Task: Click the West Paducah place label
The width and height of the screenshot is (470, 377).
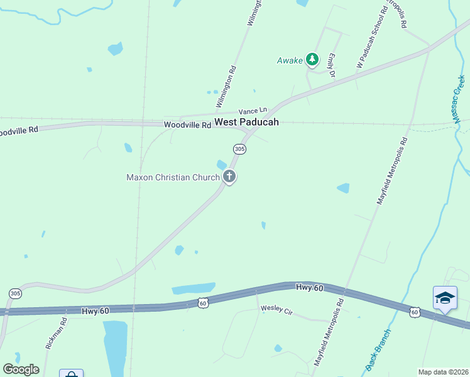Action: (246, 122)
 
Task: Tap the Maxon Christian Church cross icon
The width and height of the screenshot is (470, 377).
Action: (229, 177)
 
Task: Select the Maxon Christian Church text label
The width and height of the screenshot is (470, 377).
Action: (173, 177)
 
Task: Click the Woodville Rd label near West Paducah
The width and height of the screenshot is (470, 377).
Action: (187, 126)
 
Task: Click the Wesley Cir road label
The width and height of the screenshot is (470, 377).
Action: (277, 309)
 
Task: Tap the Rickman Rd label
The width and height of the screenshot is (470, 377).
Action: (55, 334)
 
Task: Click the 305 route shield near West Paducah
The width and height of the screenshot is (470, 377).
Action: (239, 149)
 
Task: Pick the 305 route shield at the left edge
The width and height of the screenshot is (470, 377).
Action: (15, 293)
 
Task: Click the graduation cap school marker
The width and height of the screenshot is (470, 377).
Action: (445, 298)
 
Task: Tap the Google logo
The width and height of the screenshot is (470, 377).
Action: (21, 369)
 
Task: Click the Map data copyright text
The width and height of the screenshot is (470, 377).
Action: (442, 372)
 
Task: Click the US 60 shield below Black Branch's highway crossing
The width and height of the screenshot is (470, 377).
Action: (414, 312)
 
